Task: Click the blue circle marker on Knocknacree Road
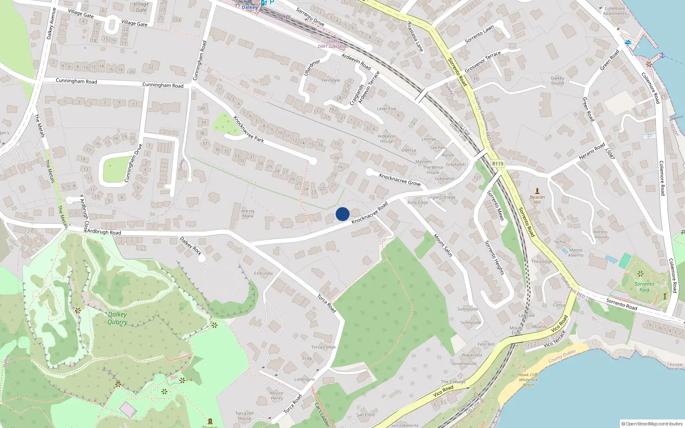[x=342, y=214]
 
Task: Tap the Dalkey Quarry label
[x=117, y=318]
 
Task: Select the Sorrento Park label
[x=644, y=287]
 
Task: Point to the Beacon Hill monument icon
[x=537, y=191]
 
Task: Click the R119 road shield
[x=497, y=164]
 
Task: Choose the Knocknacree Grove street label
[x=400, y=180]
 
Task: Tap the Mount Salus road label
[x=443, y=245]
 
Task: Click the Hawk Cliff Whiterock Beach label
[x=528, y=380]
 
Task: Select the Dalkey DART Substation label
[x=333, y=44]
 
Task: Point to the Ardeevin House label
[x=387, y=139]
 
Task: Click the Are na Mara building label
[x=248, y=214]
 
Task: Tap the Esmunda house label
[x=263, y=273]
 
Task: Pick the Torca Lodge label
[x=323, y=347]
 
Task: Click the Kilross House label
[x=601, y=234]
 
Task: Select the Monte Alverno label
[x=576, y=253]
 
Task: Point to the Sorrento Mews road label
[x=496, y=206]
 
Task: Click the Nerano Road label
[x=592, y=152]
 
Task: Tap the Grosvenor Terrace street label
[x=482, y=62]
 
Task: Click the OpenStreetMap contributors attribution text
[x=652, y=424]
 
